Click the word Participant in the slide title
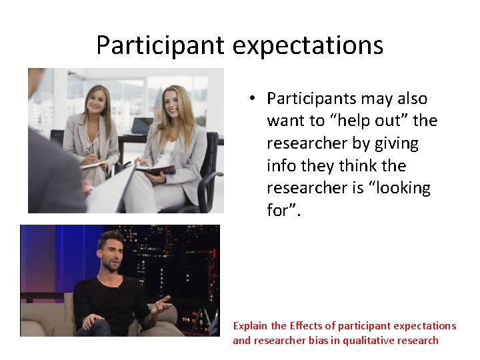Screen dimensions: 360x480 pos(161,45)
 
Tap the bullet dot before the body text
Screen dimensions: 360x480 pos(253,99)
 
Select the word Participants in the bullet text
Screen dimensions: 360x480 pos(311,99)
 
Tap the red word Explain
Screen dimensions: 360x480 pos(250,326)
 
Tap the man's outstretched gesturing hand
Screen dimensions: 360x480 pos(160,304)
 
